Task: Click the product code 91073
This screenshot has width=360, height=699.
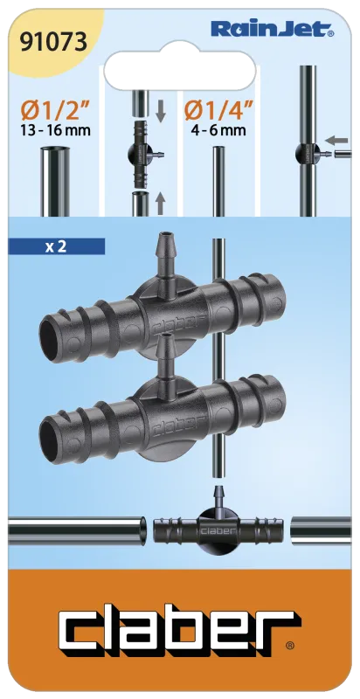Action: [53, 42]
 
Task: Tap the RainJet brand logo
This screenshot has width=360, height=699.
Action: [273, 30]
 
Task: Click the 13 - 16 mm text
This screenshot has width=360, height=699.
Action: [56, 131]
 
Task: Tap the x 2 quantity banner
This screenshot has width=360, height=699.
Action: [57, 246]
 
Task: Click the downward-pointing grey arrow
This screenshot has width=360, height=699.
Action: [161, 112]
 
